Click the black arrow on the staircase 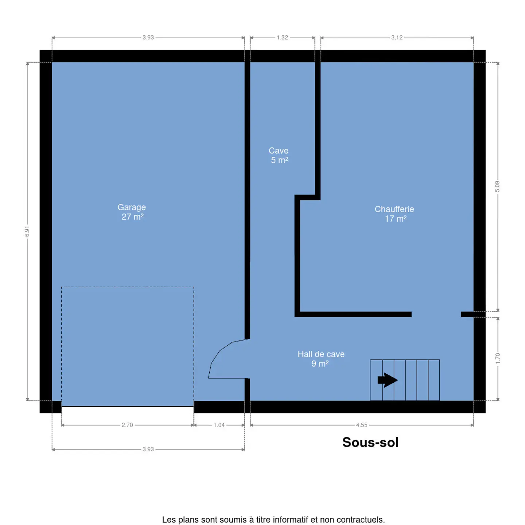[388, 380]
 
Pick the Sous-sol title [370, 442]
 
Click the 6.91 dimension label [27, 231]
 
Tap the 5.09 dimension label [497, 186]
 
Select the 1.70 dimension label [498, 358]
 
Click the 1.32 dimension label [282, 37]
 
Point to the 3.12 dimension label [397, 37]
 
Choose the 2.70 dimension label [127, 425]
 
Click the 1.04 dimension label [219, 425]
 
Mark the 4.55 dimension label [362, 425]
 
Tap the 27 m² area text [132, 217]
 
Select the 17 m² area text [396, 218]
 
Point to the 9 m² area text [320, 363]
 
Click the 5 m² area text [280, 160]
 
